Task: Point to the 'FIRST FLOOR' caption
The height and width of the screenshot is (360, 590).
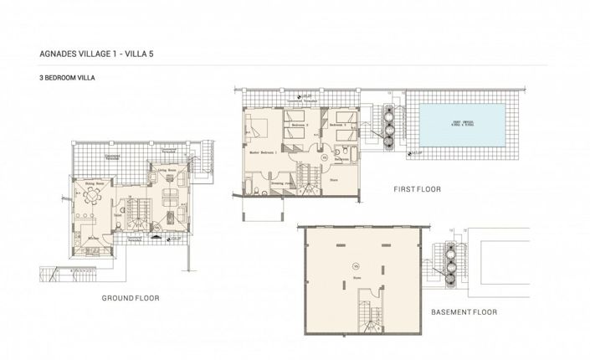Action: (x=416, y=189)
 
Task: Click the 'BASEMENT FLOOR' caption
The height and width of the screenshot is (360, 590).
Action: (x=464, y=312)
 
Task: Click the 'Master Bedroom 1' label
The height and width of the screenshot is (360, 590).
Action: (x=264, y=154)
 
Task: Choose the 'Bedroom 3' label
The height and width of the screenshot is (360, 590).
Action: (x=338, y=126)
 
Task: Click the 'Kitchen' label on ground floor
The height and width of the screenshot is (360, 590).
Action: (x=94, y=237)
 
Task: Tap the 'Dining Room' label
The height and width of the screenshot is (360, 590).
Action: (x=95, y=182)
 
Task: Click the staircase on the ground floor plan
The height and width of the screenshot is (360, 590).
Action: (x=133, y=208)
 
